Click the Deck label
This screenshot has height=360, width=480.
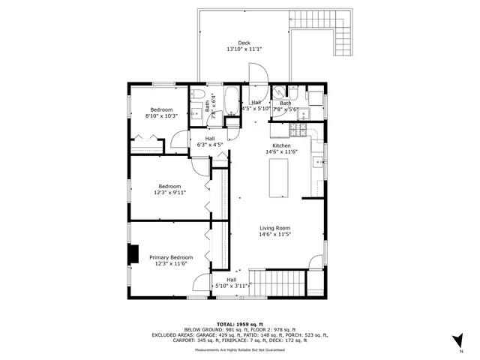point(244,43)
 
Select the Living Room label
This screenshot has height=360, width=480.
point(275,228)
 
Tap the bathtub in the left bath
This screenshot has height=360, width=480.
point(231,101)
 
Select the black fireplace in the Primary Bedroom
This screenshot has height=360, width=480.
point(133,255)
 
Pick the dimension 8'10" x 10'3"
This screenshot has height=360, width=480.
point(161,116)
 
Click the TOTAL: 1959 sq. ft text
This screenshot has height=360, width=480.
point(239,324)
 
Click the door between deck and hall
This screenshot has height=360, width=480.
point(255,75)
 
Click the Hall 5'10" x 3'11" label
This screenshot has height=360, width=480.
point(231,283)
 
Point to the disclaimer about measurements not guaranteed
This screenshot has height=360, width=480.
point(239,350)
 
